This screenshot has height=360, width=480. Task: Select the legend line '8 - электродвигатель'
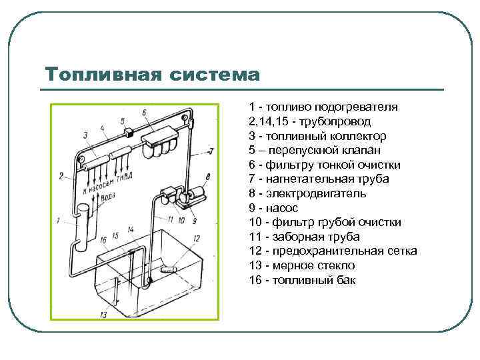[x=307, y=193]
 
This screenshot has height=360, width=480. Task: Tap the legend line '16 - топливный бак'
[x=303, y=280]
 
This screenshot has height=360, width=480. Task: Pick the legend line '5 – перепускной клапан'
[x=313, y=150]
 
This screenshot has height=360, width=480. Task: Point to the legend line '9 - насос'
[x=273, y=208]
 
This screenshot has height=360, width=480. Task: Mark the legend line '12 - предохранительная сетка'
[x=333, y=251]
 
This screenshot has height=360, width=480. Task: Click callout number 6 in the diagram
[x=144, y=113]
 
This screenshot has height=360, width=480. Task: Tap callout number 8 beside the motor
[x=207, y=177]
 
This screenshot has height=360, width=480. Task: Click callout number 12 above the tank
[x=196, y=238]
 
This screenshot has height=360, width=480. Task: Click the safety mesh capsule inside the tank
[x=167, y=271]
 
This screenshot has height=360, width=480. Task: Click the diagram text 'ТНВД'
[x=123, y=179]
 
